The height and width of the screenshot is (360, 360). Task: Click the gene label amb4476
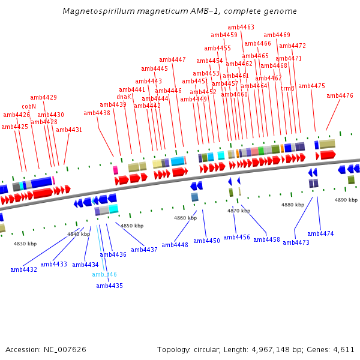[x=340, y=95]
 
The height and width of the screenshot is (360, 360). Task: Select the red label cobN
[x=29, y=106]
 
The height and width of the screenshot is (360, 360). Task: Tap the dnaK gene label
[x=124, y=97]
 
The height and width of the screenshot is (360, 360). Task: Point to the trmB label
[x=287, y=88]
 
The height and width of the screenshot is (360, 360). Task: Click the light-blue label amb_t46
[x=104, y=274]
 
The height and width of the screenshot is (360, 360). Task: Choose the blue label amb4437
[x=144, y=250]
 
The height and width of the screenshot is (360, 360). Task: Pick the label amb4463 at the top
[x=241, y=28]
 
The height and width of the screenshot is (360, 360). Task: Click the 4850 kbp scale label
[x=132, y=226]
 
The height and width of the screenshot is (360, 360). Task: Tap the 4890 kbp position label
[x=346, y=200]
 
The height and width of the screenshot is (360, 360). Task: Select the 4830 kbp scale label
[x=25, y=244]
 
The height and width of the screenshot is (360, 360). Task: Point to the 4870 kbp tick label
[x=238, y=211]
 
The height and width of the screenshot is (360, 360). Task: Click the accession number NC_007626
[x=65, y=349]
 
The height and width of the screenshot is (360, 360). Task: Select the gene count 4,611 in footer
[x=343, y=349]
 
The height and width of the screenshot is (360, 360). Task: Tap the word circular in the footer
[x=210, y=349]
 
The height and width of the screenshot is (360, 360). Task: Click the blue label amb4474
[x=320, y=233]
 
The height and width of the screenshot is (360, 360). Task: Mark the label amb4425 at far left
[x=14, y=127]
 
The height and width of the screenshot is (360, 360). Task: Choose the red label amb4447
[x=172, y=59]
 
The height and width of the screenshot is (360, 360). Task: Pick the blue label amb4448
[x=175, y=245]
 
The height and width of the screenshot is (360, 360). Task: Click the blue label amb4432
[x=23, y=269]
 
